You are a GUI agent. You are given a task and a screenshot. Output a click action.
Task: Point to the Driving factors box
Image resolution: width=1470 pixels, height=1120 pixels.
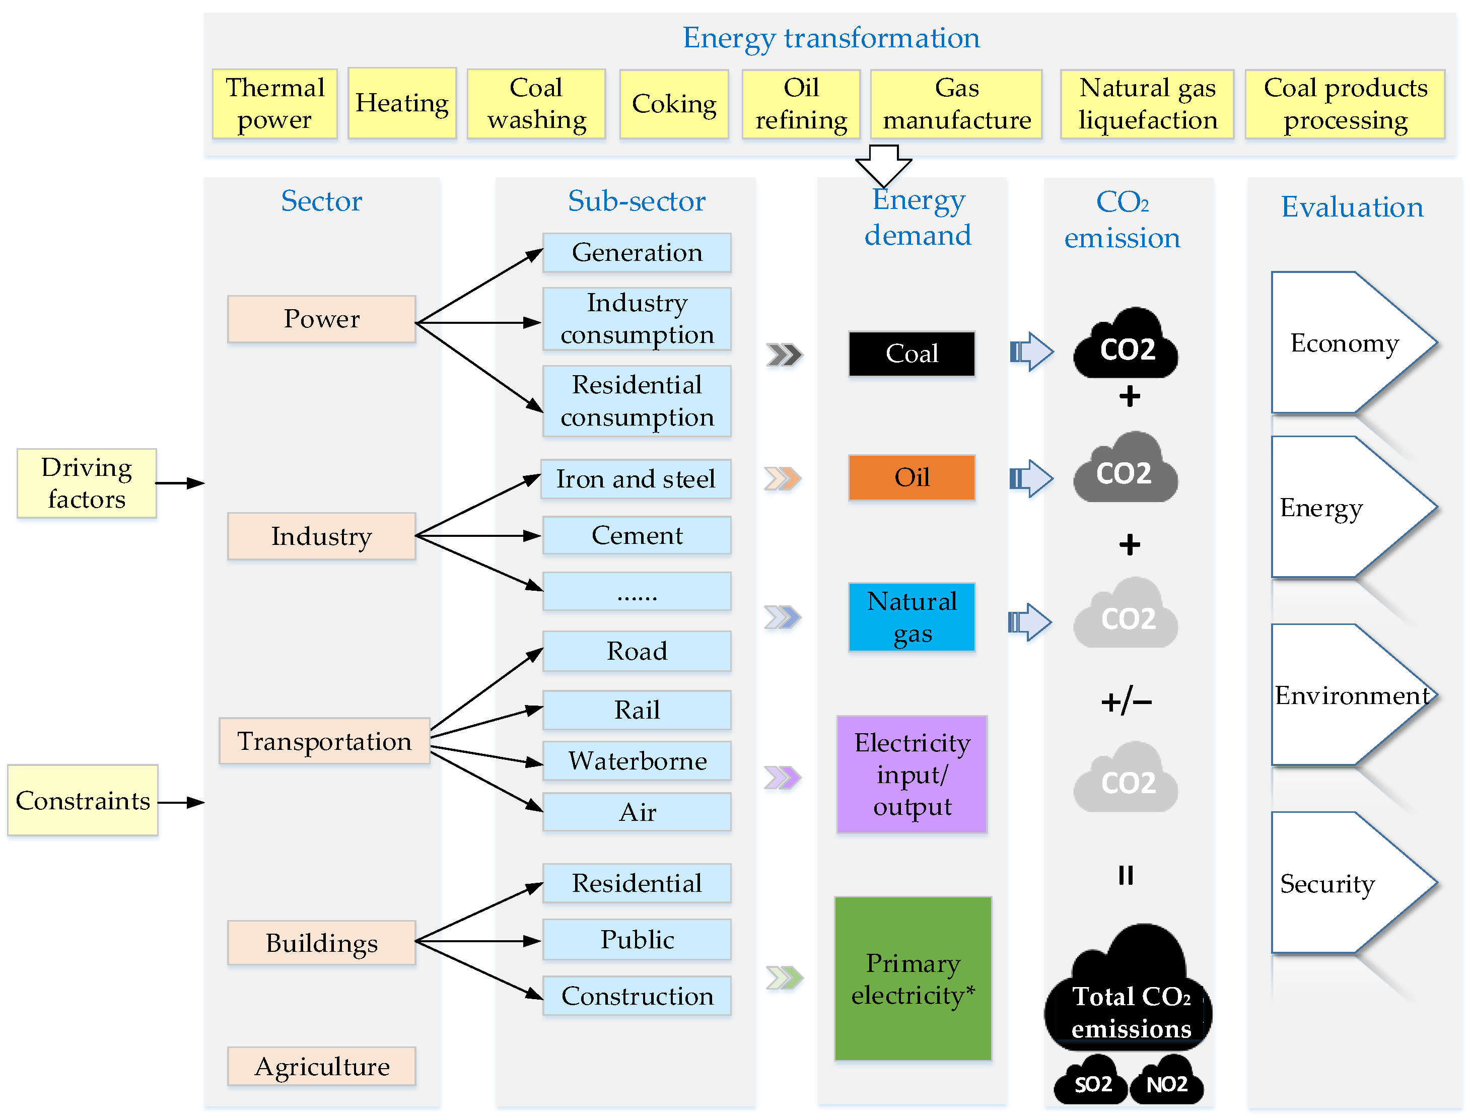[87, 483]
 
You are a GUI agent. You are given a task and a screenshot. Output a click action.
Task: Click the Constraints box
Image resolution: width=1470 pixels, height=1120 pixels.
[83, 800]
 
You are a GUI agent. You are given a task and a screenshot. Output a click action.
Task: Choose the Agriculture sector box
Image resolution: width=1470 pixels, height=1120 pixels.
[321, 1066]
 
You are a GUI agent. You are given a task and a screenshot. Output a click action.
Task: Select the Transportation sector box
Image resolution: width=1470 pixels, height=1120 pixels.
[325, 741]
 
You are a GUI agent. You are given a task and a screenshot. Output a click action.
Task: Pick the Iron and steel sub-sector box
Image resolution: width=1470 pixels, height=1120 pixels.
[636, 478]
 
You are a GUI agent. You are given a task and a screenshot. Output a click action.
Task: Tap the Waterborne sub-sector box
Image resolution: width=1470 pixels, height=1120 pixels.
[638, 760]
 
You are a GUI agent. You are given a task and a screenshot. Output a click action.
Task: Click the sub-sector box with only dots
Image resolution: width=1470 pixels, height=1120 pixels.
[638, 591]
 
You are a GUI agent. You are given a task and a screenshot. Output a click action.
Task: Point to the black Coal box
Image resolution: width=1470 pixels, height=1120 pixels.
[912, 354]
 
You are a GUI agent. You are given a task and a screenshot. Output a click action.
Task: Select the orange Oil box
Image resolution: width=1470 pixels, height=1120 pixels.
[912, 477]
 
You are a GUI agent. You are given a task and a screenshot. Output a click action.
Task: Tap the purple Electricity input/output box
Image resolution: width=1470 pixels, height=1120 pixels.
[912, 775]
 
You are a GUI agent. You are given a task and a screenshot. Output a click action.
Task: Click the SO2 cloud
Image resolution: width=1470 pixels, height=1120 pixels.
[1091, 1080]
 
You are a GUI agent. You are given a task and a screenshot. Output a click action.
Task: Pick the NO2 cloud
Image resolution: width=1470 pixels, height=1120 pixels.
[1167, 1080]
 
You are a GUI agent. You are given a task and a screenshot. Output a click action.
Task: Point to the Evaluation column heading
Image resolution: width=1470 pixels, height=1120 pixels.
[1352, 206]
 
